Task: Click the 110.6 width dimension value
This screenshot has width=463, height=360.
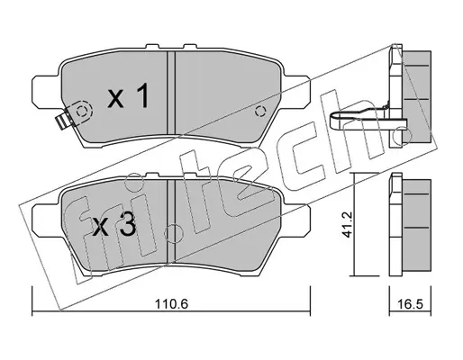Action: click(171, 304)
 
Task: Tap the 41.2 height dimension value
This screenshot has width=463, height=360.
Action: click(347, 224)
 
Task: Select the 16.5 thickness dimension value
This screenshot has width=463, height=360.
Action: click(411, 304)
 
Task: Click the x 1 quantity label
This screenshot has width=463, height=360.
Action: click(128, 95)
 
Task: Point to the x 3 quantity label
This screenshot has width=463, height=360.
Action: click(114, 226)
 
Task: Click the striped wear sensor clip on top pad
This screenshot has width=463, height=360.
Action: click(63, 121)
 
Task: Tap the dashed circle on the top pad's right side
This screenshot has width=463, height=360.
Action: click(260, 112)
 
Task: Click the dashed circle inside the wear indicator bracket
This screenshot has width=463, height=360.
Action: click(81, 112)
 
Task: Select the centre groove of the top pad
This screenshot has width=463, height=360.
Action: click(170, 92)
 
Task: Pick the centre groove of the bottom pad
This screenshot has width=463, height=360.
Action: click(170, 220)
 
